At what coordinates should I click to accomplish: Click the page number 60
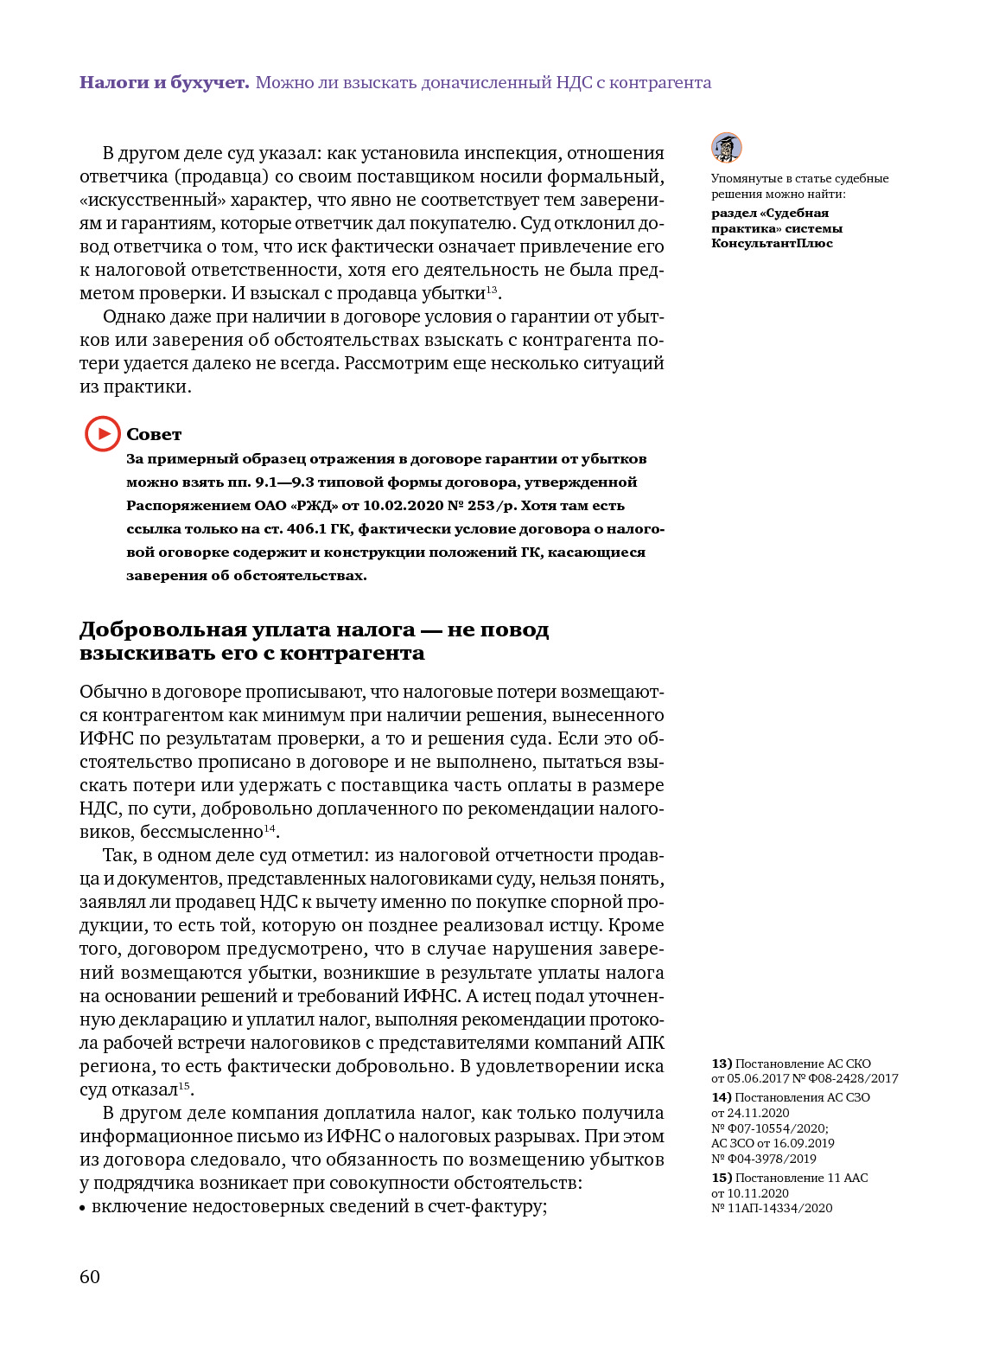(x=90, y=1277)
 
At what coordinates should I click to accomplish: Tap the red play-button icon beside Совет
(x=102, y=433)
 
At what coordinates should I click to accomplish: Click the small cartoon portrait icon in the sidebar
(x=727, y=148)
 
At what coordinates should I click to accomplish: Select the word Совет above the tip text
(x=154, y=434)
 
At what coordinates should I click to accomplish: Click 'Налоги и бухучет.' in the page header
(x=164, y=83)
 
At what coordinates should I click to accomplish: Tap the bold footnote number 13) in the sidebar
(x=722, y=1064)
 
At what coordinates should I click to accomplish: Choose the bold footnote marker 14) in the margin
(x=722, y=1097)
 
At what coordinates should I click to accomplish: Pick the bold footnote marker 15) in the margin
(x=722, y=1178)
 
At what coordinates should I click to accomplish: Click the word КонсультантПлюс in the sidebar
(x=772, y=243)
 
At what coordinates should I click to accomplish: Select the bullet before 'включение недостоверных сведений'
(x=83, y=1207)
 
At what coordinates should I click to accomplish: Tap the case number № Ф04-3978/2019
(x=764, y=1159)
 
